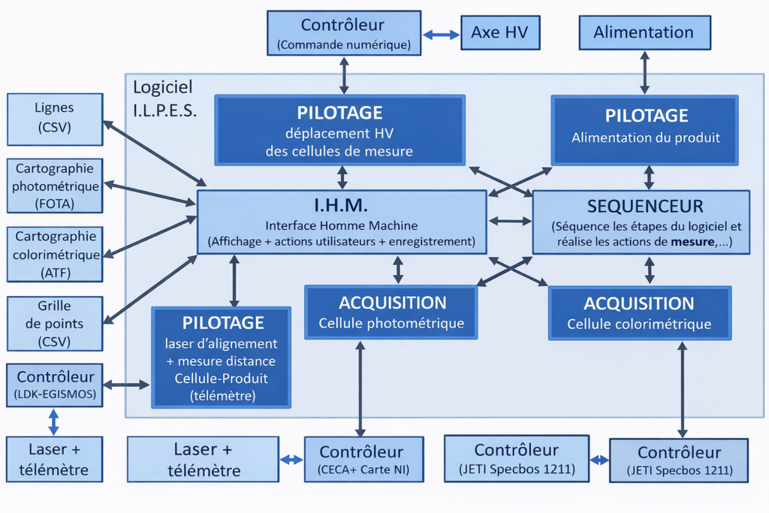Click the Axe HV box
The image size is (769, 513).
tap(499, 33)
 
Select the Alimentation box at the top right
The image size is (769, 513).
tap(644, 33)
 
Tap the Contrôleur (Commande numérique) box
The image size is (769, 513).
tap(344, 34)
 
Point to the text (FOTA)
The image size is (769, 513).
tap(54, 204)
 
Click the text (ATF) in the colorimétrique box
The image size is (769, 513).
tap(55, 273)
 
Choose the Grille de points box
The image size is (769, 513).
tap(55, 324)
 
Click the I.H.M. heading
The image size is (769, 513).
tap(341, 204)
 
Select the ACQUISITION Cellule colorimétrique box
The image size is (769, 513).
tap(640, 313)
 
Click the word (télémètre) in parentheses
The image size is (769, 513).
tap(222, 395)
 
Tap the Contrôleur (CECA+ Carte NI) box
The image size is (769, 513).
tap(363, 460)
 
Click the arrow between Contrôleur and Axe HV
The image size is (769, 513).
tap(441, 34)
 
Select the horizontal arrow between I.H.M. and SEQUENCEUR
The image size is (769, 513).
tap(510, 222)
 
